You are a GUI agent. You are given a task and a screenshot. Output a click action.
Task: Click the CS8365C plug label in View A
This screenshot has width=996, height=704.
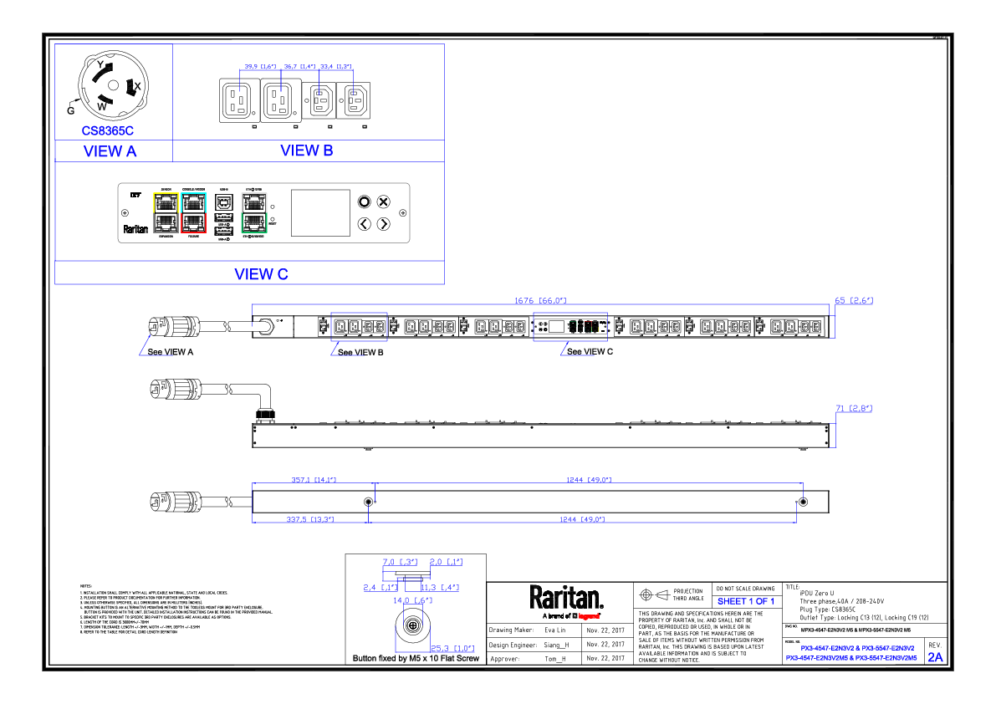(107, 130)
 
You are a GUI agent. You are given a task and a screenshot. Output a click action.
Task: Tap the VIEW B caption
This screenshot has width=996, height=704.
(307, 151)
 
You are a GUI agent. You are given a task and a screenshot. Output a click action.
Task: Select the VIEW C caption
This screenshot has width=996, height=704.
(261, 274)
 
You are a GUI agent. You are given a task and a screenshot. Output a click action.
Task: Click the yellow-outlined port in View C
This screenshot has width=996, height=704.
(166, 202)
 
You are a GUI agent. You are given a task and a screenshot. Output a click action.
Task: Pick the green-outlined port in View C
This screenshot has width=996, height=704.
(253, 222)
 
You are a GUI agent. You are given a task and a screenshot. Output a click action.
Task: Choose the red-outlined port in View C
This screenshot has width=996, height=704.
(194, 222)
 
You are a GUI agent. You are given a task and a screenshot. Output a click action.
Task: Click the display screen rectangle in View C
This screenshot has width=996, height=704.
(319, 212)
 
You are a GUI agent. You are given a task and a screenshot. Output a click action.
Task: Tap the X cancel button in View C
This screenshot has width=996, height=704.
(383, 202)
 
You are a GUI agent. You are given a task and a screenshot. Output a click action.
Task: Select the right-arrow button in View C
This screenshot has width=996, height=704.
(383, 223)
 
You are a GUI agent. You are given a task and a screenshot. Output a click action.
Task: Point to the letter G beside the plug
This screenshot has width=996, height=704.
(70, 110)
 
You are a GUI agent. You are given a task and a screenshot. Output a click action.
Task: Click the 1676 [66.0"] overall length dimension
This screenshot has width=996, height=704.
(539, 300)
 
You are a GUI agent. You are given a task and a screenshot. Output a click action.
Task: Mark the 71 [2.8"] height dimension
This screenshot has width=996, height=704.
(853, 409)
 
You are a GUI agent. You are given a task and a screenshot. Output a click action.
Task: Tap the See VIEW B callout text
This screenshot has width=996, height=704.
(360, 352)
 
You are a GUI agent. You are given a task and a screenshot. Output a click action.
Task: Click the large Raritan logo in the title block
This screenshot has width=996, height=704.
(565, 598)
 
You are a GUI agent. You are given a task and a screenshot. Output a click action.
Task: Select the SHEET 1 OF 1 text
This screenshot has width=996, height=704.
(745, 601)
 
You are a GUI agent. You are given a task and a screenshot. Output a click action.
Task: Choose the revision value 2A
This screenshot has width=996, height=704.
(934, 657)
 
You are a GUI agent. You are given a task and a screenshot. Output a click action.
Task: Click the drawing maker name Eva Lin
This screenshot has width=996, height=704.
(556, 630)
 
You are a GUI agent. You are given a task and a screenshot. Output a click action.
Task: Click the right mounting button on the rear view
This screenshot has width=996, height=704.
(803, 502)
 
